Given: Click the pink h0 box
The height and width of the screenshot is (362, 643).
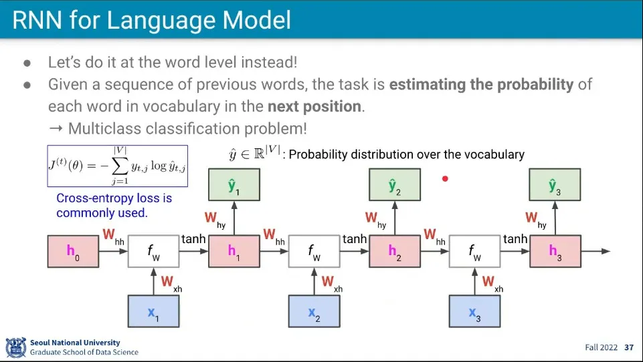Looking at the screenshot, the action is tap(72, 252).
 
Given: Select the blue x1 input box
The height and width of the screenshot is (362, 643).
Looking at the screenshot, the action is tap(153, 311).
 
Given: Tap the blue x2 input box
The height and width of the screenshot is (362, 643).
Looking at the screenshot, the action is tap(314, 311).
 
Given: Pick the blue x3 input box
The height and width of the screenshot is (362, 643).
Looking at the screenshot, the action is tap(474, 311).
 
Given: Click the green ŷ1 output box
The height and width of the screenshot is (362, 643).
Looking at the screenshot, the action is tap(234, 185).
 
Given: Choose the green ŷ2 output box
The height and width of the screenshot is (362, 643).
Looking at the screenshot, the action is tap(394, 185).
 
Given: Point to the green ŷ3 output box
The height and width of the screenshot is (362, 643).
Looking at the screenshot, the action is tap(555, 185).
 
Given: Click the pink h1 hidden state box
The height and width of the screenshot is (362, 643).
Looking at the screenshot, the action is tap(234, 252).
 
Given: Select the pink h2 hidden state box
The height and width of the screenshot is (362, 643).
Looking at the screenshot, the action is tap(394, 252).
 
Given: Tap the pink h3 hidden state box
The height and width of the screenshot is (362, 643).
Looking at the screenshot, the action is tap(555, 252).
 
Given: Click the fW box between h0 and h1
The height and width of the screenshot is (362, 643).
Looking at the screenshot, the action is tap(153, 252).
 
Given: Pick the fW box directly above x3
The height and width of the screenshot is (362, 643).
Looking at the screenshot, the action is tap(474, 252).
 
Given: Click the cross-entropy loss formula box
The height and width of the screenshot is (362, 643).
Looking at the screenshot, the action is tap(117, 166).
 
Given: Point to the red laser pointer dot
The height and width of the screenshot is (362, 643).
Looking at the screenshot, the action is tap(445, 178).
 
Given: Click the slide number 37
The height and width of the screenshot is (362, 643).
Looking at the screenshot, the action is tap(628, 348).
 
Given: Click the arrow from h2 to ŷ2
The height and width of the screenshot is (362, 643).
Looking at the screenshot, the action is tap(394, 218).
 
